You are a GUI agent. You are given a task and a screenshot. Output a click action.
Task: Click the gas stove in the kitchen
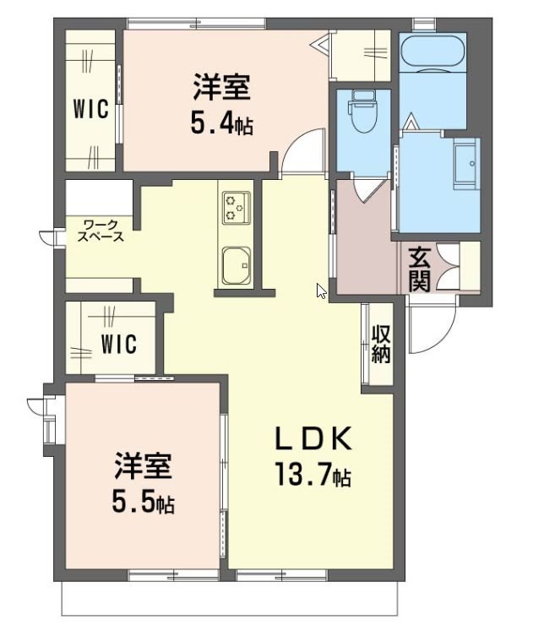click(x=236, y=207)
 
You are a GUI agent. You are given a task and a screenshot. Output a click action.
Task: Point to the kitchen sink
click(x=236, y=266)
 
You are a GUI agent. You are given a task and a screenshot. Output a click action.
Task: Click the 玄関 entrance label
click(x=419, y=269)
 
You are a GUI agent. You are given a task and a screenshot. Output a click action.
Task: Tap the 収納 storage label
click(x=380, y=344)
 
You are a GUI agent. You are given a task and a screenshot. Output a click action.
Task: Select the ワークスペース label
click(x=101, y=231)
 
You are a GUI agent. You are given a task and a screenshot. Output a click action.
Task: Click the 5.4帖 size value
click(x=220, y=125)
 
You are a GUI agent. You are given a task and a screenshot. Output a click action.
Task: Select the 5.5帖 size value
click(x=143, y=504)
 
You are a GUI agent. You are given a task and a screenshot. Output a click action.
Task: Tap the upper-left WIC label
click(x=90, y=111)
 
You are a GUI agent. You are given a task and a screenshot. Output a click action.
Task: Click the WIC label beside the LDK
click(x=119, y=345)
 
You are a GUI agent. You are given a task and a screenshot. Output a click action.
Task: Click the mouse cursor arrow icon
click(x=321, y=291)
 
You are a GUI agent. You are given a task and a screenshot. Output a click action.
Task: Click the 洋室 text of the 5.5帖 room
click(x=143, y=466)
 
